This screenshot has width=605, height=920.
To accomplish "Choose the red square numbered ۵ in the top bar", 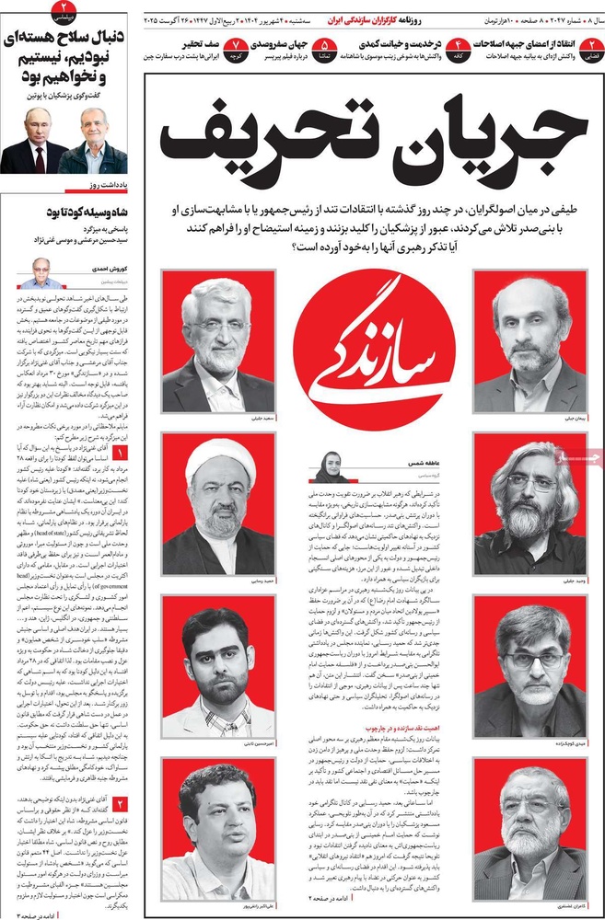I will (x=324, y=44).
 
